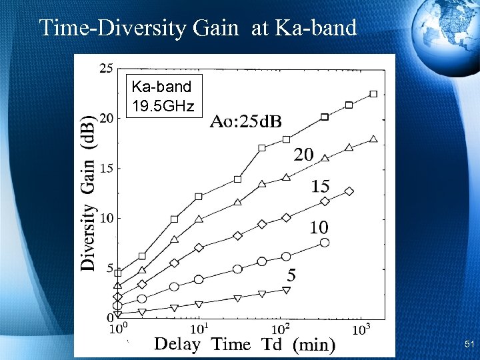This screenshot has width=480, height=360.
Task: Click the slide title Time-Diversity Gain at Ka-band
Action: tap(198, 28)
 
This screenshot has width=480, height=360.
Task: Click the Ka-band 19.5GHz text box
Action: tap(163, 96)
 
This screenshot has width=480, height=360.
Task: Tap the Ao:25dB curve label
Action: tap(246, 121)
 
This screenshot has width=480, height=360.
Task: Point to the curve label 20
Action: tap(303, 155)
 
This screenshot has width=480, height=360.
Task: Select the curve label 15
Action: tap(321, 187)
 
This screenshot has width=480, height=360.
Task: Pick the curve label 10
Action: tap(319, 227)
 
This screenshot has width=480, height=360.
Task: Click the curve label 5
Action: tap(292, 274)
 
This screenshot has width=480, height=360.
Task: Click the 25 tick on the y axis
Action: tap(106, 67)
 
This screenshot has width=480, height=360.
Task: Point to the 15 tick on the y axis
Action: tap(106, 168)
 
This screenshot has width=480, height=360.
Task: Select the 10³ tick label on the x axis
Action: tap(361, 329)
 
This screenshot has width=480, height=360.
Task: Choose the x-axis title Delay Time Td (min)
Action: tap(245, 344)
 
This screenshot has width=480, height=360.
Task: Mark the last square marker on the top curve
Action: tap(373, 94)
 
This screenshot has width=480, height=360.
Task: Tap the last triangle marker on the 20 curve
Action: tap(373, 139)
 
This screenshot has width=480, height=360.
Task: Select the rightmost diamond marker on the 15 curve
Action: tap(349, 191)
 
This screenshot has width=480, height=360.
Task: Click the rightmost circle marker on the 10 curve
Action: tap(325, 243)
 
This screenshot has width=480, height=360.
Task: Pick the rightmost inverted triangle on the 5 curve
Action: tap(287, 290)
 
